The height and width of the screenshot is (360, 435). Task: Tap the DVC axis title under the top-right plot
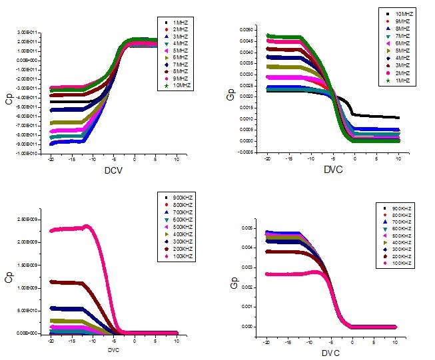(x=331, y=171)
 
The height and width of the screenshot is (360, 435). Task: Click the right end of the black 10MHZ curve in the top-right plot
(x=399, y=118)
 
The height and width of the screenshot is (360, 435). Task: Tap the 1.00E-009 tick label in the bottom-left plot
(x=31, y=288)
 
